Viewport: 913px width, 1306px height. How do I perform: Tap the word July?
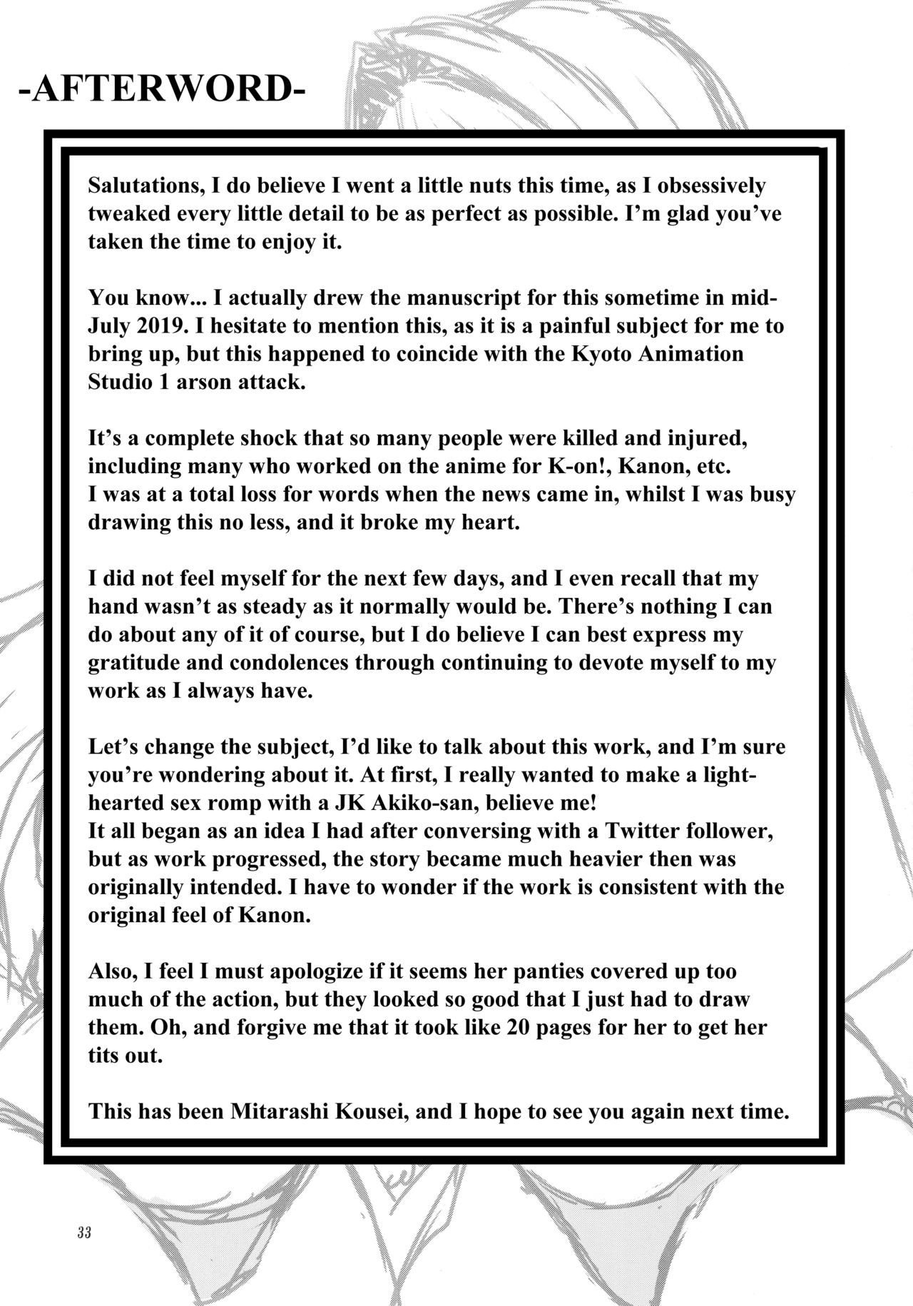108,326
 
